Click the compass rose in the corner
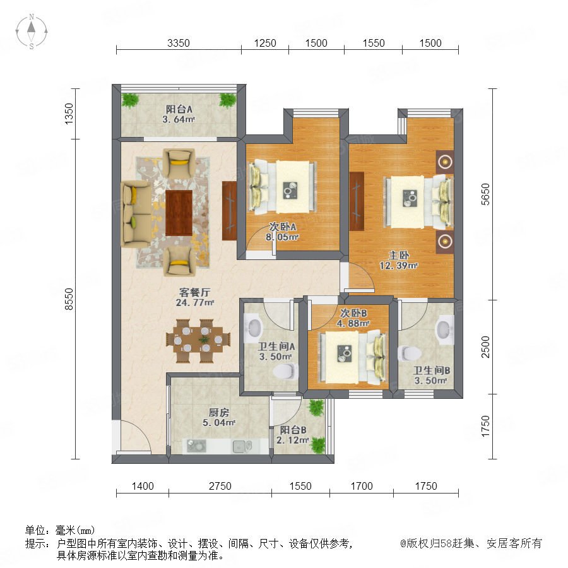(x=32, y=32)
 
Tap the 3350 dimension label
(x=178, y=43)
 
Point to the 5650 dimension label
(x=485, y=194)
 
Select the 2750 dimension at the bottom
(x=220, y=486)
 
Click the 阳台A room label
(x=179, y=109)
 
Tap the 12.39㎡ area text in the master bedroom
(x=398, y=266)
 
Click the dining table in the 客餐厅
(x=199, y=341)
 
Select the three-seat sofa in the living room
(x=136, y=214)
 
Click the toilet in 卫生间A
(x=286, y=372)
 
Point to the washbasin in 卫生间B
(x=444, y=329)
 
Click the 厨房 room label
(x=219, y=412)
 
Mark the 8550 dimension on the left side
(x=68, y=299)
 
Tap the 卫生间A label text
(x=276, y=346)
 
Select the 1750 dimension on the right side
(x=485, y=426)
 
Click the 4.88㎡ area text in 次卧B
(x=353, y=323)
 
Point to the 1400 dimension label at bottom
(x=143, y=486)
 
